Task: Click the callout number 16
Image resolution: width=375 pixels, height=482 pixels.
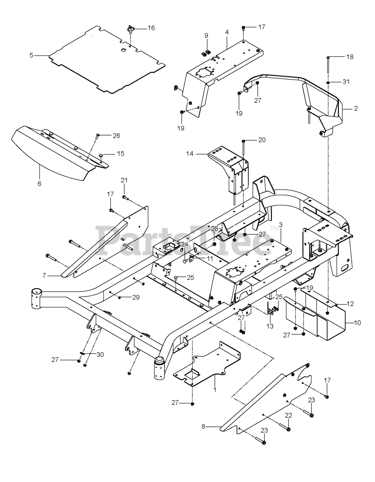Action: tap(151, 28)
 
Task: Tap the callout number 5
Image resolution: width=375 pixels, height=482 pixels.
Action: tap(31, 55)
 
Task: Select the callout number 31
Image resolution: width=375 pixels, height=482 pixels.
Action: tap(346, 82)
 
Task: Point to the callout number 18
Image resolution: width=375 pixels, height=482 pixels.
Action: tap(350, 57)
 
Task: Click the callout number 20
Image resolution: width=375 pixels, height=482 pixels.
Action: tap(262, 140)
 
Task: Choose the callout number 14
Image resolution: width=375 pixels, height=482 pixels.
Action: tap(190, 154)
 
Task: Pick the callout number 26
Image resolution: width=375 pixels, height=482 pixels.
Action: tap(116, 136)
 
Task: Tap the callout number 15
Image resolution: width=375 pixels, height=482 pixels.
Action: tap(120, 154)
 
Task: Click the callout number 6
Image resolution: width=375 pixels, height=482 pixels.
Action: tap(40, 184)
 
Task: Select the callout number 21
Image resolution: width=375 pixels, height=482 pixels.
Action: tap(124, 180)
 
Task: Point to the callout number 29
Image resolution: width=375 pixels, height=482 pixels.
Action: tap(136, 297)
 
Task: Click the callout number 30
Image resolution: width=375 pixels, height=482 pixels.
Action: tap(100, 354)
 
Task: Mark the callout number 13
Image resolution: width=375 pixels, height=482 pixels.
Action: tap(270, 326)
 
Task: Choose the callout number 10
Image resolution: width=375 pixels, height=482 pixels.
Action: tap(357, 323)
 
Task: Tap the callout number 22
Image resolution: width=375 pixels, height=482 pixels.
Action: tap(288, 415)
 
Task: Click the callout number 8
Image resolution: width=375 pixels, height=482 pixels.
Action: tap(203, 427)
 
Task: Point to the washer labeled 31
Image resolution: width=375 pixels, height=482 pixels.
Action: tap(328, 82)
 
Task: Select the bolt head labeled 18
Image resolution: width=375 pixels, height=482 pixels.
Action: tap(328, 58)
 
